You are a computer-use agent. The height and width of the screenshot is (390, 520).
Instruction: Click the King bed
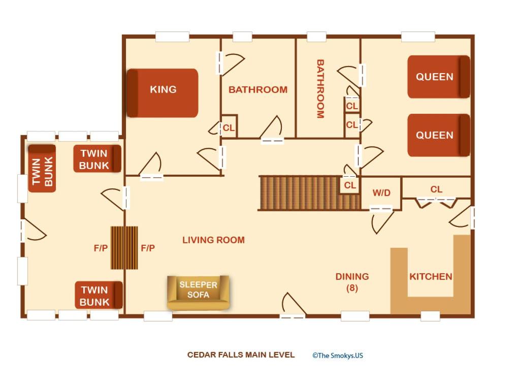pyautogui.click(x=162, y=93)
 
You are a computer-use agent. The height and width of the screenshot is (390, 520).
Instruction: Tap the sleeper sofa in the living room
pyautogui.click(x=198, y=292)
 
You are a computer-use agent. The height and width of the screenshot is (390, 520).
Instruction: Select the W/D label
pyautogui.click(x=381, y=192)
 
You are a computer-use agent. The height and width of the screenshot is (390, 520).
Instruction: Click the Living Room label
pyautogui.click(x=214, y=240)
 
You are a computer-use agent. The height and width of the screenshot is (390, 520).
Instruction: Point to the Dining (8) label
pyautogui.click(x=352, y=282)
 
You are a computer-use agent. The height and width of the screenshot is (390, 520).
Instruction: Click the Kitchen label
pyautogui.click(x=431, y=277)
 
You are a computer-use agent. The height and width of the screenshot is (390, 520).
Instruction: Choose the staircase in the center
pyautogui.click(x=309, y=193)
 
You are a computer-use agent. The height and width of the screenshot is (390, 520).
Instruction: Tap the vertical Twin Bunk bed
pyautogui.click(x=42, y=169)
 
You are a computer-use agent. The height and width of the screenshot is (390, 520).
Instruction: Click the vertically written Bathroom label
pyautogui.click(x=320, y=89)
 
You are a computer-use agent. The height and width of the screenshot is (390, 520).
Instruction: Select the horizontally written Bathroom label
pyautogui.click(x=258, y=89)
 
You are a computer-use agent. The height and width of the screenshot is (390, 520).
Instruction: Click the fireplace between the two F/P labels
pyautogui.click(x=124, y=248)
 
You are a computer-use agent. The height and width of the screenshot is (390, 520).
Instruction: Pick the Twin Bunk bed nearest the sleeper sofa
pyautogui.click(x=99, y=295)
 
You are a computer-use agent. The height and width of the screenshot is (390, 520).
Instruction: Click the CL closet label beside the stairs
pyautogui.click(x=350, y=185)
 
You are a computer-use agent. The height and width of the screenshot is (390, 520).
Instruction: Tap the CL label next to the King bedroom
pyautogui.click(x=229, y=127)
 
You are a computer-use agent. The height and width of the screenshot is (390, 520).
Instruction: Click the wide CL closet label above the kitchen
pyautogui.click(x=436, y=189)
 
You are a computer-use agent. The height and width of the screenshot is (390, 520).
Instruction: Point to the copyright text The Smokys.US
pyautogui.click(x=338, y=355)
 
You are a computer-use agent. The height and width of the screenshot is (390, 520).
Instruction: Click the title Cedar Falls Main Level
pyautogui.click(x=241, y=355)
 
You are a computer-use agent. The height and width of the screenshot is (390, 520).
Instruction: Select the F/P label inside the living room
pyautogui.click(x=148, y=248)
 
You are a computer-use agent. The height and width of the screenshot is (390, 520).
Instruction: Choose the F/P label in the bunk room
pyautogui.click(x=101, y=248)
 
